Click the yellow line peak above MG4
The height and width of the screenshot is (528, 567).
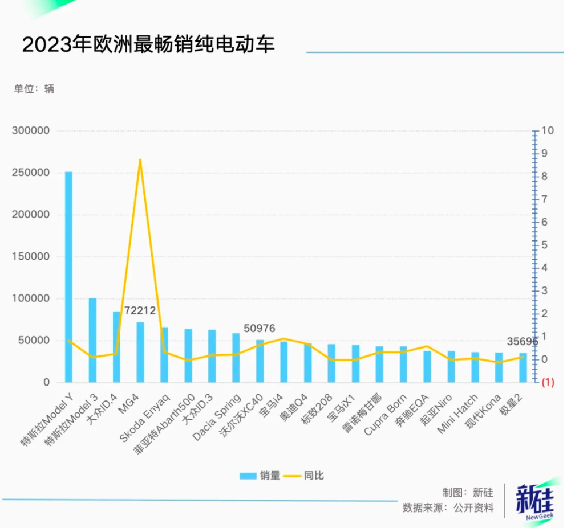tap(140, 160)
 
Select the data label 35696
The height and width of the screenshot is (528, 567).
tap(522, 342)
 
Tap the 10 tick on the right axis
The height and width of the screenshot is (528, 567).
tap(548, 131)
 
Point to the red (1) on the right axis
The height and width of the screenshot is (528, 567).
tap(548, 383)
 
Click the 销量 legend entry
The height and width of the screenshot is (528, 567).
tap(261, 475)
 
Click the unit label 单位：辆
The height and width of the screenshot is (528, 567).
tap(34, 89)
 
